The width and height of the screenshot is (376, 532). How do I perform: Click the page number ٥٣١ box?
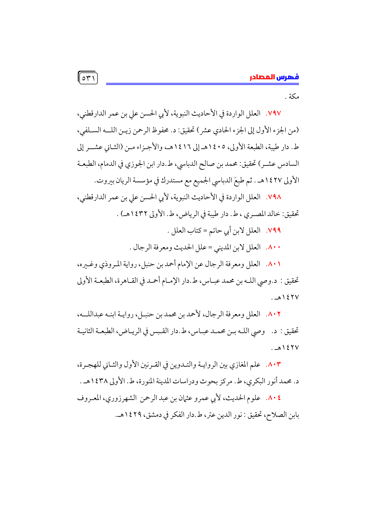pos(88,78)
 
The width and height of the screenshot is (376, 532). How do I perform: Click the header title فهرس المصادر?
pos(274,77)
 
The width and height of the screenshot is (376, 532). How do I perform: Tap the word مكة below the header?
pos(294,97)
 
